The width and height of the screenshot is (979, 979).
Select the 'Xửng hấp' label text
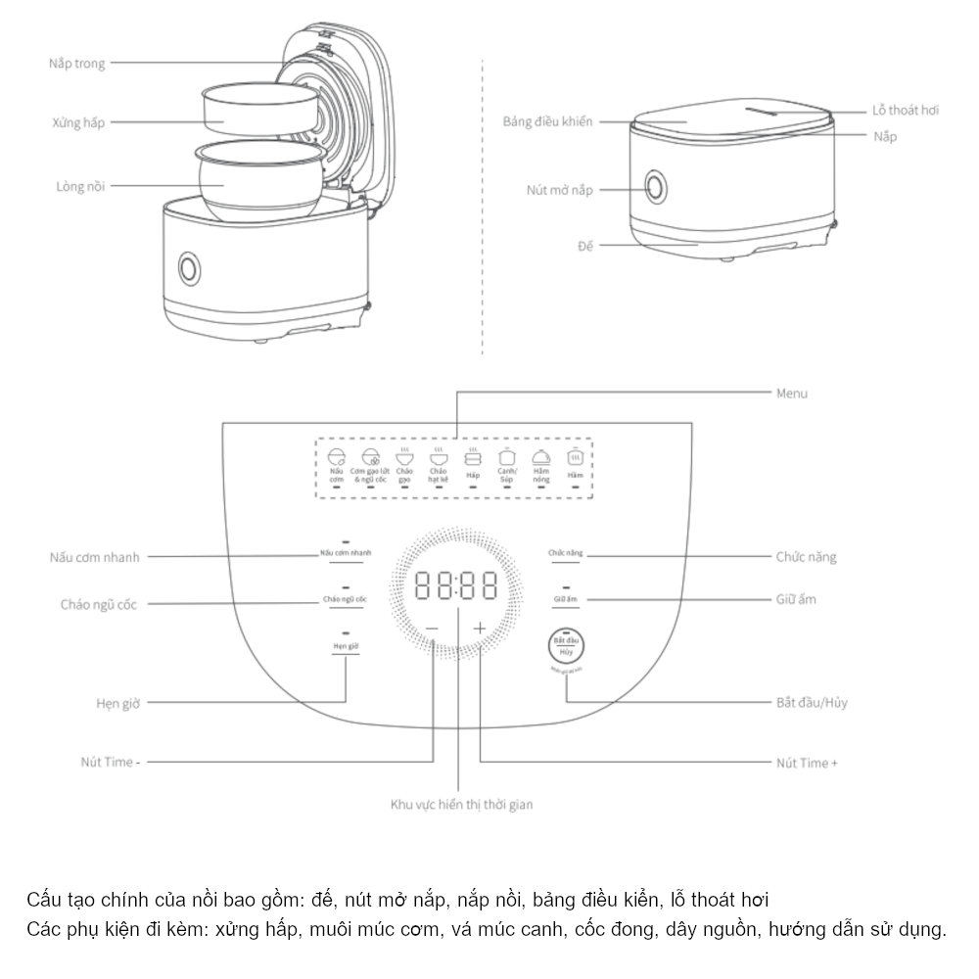[x=78, y=123]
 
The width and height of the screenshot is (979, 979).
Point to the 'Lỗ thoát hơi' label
[x=906, y=110]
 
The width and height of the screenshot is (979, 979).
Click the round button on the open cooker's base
[x=187, y=266]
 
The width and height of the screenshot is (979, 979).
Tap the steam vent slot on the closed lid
[x=769, y=111]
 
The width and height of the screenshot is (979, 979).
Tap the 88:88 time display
[x=455, y=586]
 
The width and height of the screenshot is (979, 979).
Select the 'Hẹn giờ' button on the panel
[x=347, y=648]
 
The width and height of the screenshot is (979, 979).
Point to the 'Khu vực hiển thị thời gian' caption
[x=461, y=804]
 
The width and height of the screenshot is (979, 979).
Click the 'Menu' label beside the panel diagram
[x=791, y=394]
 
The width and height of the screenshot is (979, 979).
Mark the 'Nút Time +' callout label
[x=807, y=762]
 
